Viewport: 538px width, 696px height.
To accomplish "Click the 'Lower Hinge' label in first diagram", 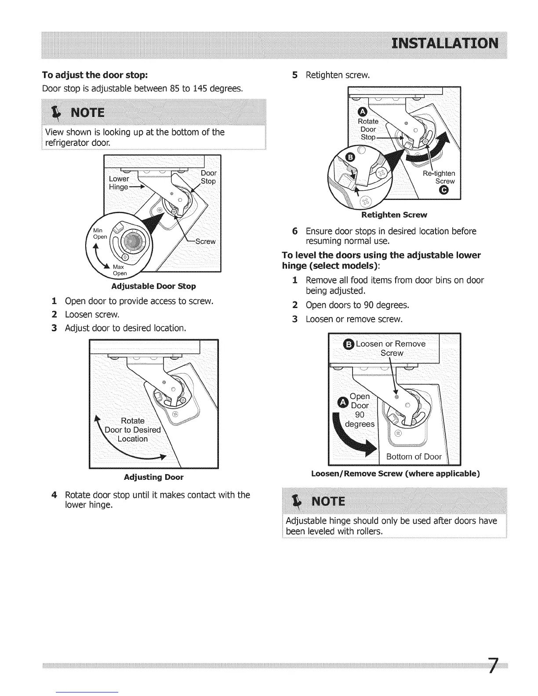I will coord(119,183).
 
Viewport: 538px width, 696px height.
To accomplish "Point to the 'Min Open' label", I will coord(100,233).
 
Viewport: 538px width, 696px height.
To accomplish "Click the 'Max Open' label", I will coord(120,270).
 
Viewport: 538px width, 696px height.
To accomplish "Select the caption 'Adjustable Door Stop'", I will coord(153,286).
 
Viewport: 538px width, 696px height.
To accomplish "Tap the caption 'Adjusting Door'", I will coord(153,477).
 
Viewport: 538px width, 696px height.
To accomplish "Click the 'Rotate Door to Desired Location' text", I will coord(132,430).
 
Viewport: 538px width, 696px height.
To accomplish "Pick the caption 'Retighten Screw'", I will coord(394,215).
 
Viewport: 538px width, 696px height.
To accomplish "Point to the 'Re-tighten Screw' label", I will coord(439,177).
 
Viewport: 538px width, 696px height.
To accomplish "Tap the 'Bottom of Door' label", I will coord(414,457).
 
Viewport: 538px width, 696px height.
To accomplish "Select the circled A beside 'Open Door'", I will coord(342,402).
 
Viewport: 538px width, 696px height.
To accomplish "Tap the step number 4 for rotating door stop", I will coord(54,495).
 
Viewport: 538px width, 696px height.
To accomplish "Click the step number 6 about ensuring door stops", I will coord(295,232).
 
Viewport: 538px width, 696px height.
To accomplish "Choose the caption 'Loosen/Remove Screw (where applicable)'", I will coord(395,474).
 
